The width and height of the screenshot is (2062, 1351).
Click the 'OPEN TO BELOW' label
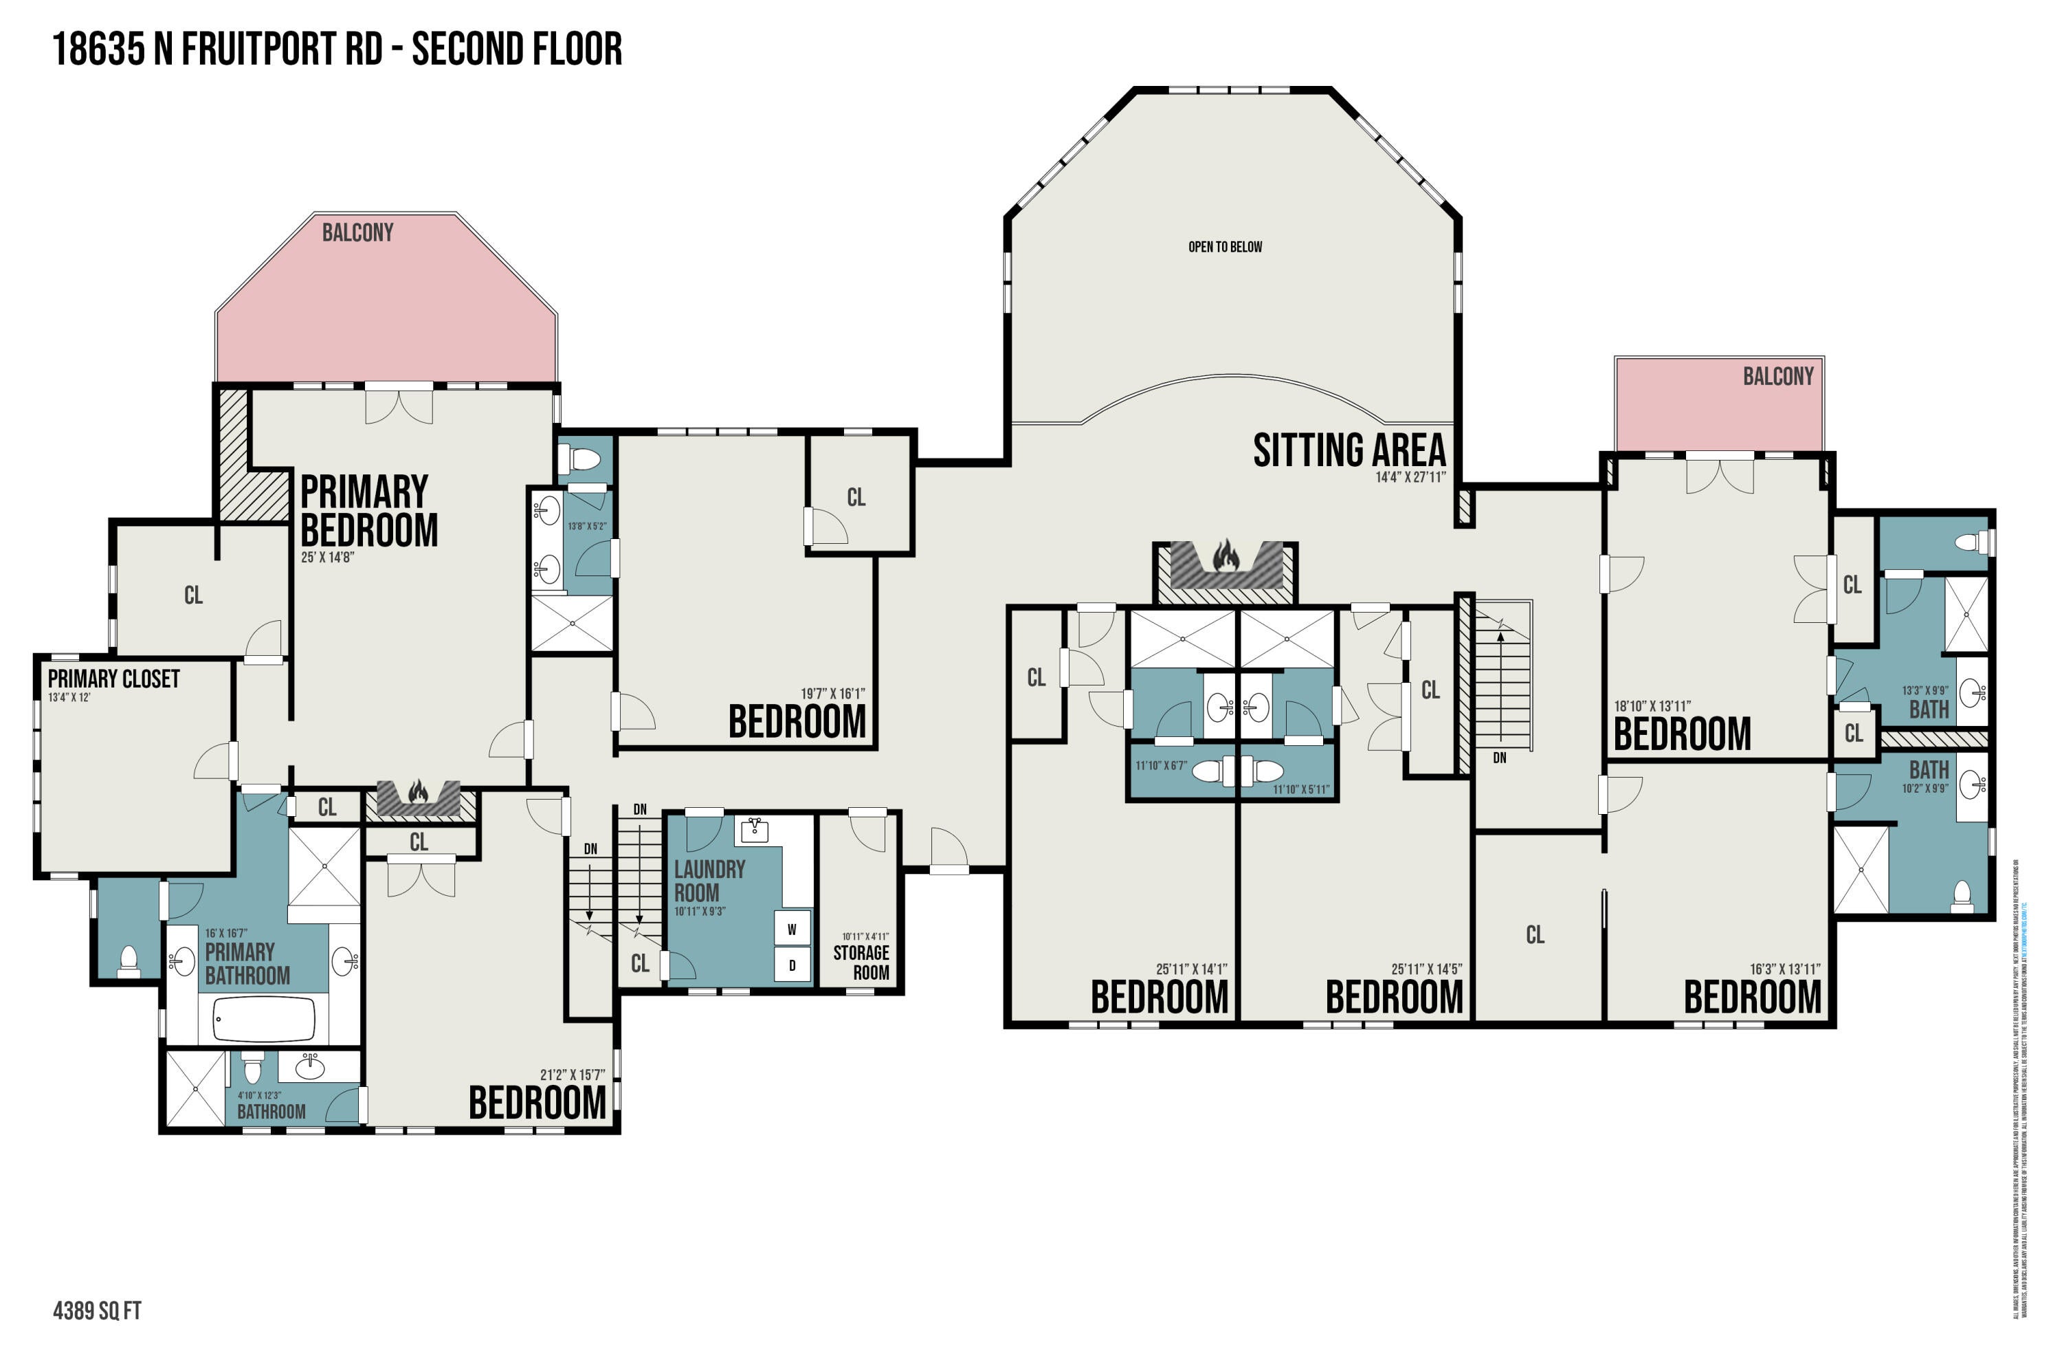pyautogui.click(x=1224, y=247)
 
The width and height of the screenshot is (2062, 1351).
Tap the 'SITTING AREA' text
pyautogui.click(x=1349, y=450)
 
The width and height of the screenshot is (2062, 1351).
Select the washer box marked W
pyautogui.click(x=791, y=929)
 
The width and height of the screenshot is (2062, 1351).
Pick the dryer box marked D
pyautogui.click(x=791, y=965)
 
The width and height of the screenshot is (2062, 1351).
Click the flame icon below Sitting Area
pyautogui.click(x=1225, y=555)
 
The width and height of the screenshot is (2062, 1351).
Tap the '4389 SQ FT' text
pyautogui.click(x=97, y=1310)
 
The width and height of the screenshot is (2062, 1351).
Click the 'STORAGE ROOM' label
pyautogui.click(x=861, y=962)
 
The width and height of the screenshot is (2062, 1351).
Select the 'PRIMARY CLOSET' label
pyautogui.click(x=113, y=679)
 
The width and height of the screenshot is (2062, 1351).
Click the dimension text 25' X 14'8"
pyautogui.click(x=327, y=557)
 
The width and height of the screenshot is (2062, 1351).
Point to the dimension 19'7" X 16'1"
pyautogui.click(x=832, y=693)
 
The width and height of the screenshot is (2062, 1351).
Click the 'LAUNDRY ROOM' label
pyautogui.click(x=709, y=881)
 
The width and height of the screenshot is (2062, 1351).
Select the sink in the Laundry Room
pyautogui.click(x=755, y=830)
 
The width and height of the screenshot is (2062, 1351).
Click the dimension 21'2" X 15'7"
pyautogui.click(x=572, y=1075)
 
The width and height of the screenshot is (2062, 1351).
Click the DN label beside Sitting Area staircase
pyautogui.click(x=1499, y=758)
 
